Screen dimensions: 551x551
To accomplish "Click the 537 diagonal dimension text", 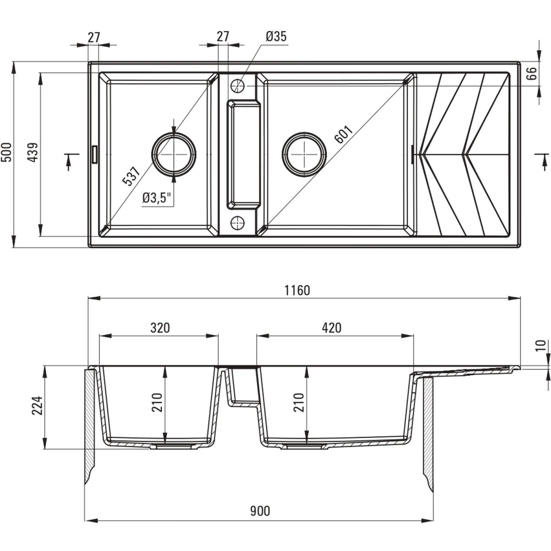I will click(131, 175).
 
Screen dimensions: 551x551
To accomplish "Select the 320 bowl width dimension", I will click(160, 327).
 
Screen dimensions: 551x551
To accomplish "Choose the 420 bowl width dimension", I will click(332, 327).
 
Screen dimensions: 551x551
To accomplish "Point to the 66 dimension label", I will click(531, 74).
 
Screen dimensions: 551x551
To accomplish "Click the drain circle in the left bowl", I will click(174, 153).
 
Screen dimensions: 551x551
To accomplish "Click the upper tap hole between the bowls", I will click(238, 85).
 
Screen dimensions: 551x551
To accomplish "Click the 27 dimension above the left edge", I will click(94, 37).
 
